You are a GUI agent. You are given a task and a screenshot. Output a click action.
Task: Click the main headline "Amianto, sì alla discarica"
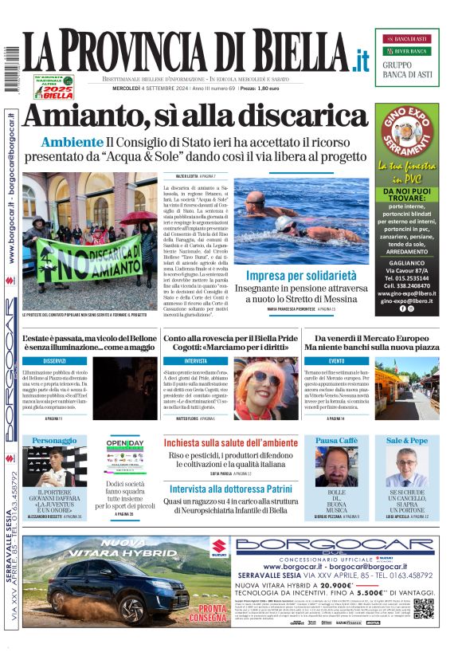[x=195, y=116]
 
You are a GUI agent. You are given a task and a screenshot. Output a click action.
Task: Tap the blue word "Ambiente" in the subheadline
[x=73, y=143]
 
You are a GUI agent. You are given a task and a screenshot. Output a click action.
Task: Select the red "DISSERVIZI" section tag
[x=54, y=361]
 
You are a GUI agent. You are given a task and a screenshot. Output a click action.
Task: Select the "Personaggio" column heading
[x=54, y=440]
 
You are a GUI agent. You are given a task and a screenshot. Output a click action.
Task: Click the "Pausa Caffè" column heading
[x=337, y=440]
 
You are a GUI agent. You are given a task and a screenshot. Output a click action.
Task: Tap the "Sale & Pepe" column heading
[x=407, y=440]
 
